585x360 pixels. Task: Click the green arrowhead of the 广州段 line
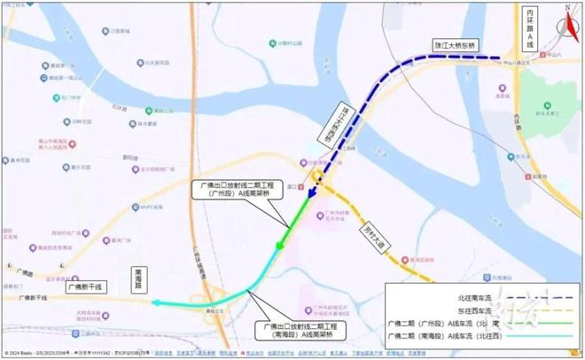(280, 246)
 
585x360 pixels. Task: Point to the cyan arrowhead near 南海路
(154, 303)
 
